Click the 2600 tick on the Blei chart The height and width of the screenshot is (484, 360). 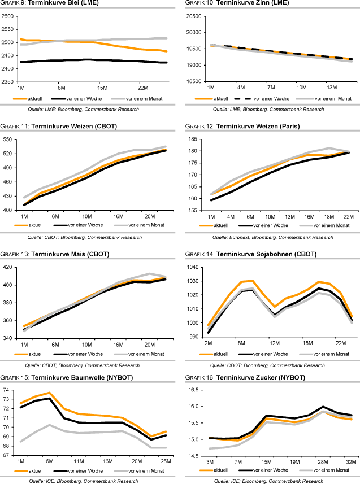(8, 16)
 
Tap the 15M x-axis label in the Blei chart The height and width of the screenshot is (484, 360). (102, 88)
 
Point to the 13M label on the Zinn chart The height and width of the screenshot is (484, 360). (331, 88)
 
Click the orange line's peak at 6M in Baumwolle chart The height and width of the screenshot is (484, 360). (50, 393)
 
